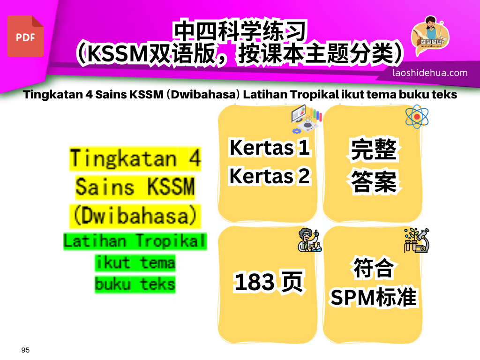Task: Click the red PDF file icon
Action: coord(25,36)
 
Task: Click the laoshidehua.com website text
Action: coord(430,73)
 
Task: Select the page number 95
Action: coord(25,350)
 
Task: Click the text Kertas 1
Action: coord(270,148)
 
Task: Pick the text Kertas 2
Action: coord(270,176)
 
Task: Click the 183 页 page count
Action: coord(269,283)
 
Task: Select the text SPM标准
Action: coord(374,297)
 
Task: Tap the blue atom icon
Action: coord(416,116)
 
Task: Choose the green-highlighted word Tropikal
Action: coord(171,241)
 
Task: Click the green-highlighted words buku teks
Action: coord(135,284)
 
